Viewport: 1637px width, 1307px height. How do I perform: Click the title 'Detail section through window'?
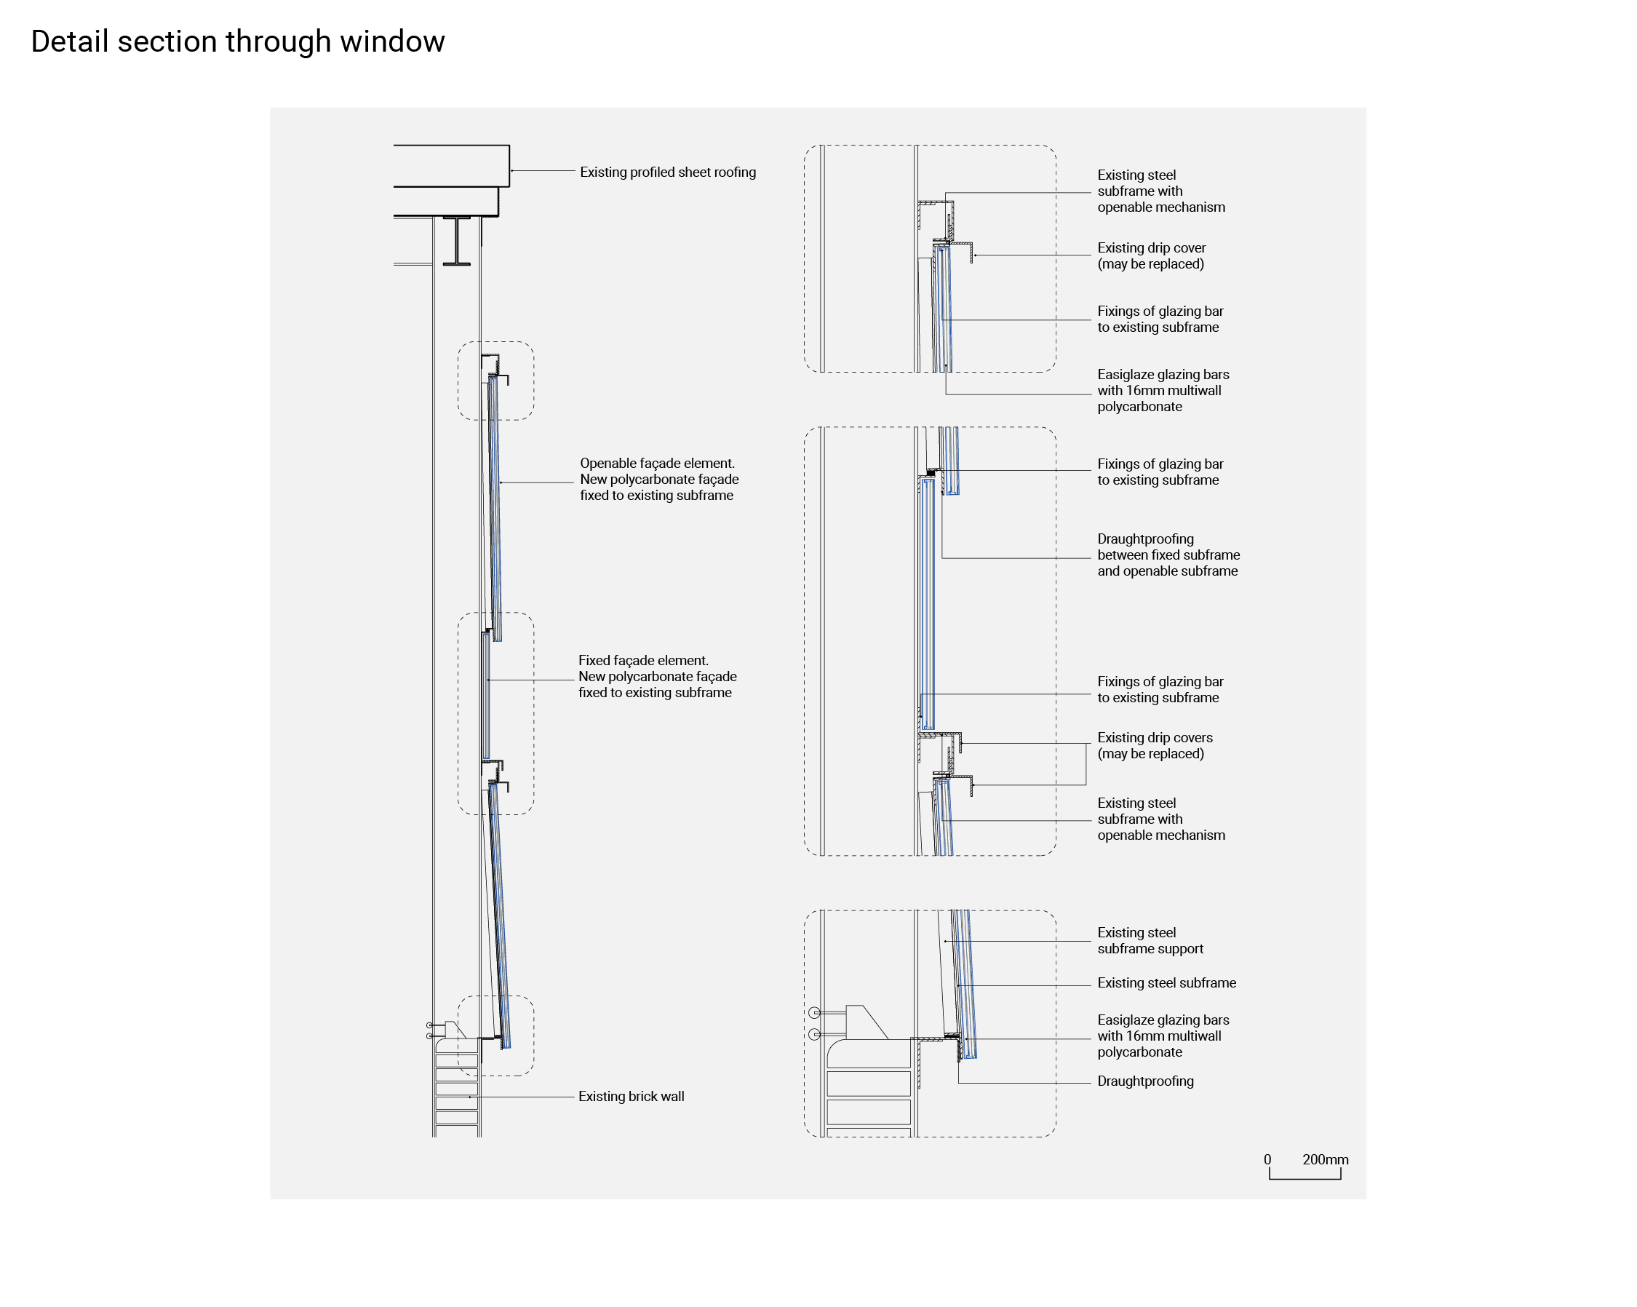click(238, 41)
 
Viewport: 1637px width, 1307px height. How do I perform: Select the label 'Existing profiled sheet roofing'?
click(667, 172)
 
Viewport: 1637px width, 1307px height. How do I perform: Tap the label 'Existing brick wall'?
click(631, 1097)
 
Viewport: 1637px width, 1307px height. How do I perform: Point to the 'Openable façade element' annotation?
click(658, 479)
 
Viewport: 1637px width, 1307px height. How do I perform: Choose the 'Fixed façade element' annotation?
click(657, 677)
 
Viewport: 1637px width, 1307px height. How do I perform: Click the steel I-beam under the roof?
click(456, 242)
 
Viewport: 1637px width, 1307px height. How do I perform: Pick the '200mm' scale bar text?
click(1325, 1160)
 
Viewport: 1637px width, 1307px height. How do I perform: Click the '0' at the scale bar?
click(1267, 1160)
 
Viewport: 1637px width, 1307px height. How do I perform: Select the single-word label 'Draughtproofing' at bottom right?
click(1145, 1081)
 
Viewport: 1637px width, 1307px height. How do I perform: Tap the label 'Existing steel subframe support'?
click(1150, 941)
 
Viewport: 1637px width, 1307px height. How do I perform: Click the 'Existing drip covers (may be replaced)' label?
click(1154, 746)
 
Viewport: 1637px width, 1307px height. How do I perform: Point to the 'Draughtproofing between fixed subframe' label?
click(1168, 555)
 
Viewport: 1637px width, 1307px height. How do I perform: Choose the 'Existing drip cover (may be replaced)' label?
click(1151, 256)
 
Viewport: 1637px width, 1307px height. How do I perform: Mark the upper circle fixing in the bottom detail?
click(815, 1012)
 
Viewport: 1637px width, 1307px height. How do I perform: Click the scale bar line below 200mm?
click(1305, 1178)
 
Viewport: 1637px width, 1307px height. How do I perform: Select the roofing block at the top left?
click(451, 166)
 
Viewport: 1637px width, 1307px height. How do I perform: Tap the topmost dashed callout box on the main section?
click(495, 381)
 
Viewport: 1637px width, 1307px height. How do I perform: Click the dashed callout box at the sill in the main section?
click(495, 1036)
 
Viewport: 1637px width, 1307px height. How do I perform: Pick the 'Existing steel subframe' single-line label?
click(1166, 983)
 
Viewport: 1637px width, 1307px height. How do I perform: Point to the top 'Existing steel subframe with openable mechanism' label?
click(1160, 191)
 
